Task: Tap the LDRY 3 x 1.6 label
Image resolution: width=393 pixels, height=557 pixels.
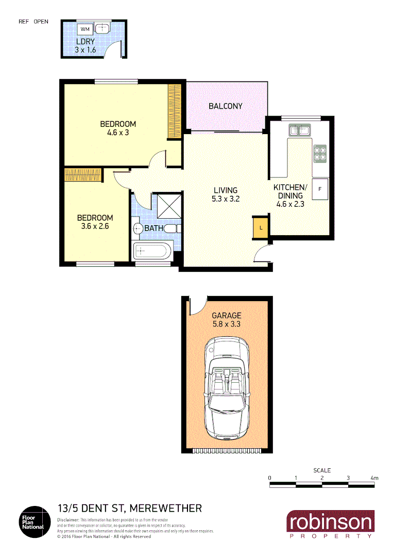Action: [x=86, y=46]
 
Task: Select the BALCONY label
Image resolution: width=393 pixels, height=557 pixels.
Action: [x=225, y=106]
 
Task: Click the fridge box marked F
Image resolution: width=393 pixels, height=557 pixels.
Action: [x=320, y=189]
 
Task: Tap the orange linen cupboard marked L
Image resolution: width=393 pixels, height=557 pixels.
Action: [x=261, y=227]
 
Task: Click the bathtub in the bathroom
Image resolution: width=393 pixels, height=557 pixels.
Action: [x=152, y=252]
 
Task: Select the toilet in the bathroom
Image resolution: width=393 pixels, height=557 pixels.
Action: [x=138, y=228]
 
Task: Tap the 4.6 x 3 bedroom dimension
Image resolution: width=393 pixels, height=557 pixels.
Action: [x=117, y=133]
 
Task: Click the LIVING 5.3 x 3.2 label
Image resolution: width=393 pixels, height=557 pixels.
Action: [x=226, y=194]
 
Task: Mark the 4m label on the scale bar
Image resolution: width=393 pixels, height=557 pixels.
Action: [x=374, y=478]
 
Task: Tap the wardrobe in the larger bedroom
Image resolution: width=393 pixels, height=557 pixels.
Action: [x=176, y=111]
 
